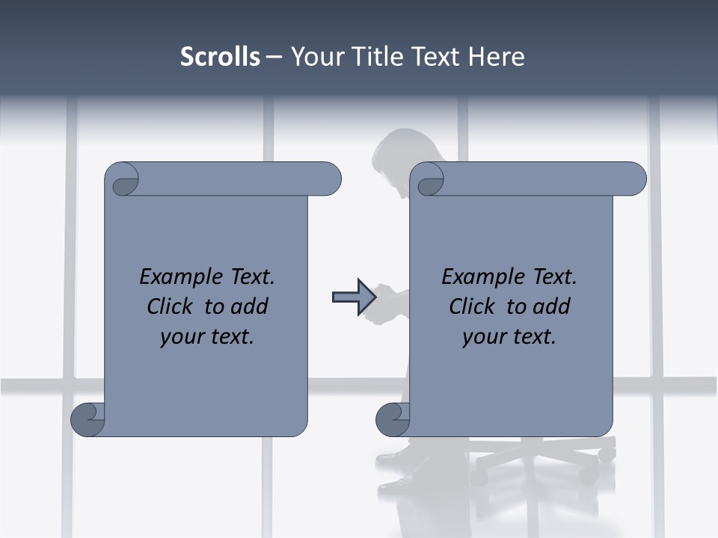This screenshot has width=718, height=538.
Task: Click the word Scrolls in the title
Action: coord(220,57)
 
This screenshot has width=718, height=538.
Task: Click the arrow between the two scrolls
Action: coord(354,297)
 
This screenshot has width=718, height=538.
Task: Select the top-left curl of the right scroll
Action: coord(429,180)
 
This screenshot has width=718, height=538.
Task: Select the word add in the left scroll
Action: coord(250,306)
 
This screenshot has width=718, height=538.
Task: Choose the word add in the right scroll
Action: coord(552,306)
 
